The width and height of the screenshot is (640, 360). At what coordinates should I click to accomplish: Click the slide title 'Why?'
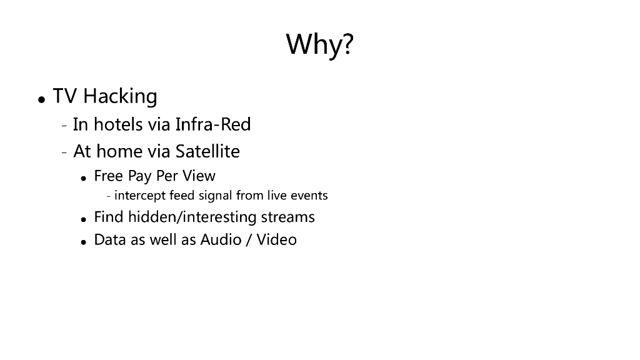pos(319,44)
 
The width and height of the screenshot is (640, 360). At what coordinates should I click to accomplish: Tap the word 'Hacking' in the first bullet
pos(120,97)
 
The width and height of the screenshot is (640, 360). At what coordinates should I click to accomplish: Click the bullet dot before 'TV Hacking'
pos(41,99)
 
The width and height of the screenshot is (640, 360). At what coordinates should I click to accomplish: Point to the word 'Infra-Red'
pos(213,124)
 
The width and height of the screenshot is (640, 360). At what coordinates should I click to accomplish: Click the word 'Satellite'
pos(207,151)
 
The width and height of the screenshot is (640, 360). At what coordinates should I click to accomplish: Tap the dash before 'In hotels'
pos(64,126)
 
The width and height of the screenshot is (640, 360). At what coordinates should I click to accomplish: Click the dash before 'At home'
pos(64,152)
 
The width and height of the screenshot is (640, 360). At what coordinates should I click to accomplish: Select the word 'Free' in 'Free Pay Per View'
pos(109,176)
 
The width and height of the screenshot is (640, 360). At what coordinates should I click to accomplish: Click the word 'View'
pos(199,176)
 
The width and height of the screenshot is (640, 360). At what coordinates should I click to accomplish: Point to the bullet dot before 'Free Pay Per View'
pos(84,178)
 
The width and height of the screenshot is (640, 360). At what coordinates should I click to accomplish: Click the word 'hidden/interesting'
pos(192,217)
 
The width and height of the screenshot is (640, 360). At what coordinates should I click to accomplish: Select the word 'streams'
pos(287,217)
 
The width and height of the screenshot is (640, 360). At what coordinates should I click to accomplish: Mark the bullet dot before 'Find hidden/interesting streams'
pos(84,219)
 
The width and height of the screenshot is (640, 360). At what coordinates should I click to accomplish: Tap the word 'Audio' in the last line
pos(221,239)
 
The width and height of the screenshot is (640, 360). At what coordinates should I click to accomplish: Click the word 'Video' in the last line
pos(276,239)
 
